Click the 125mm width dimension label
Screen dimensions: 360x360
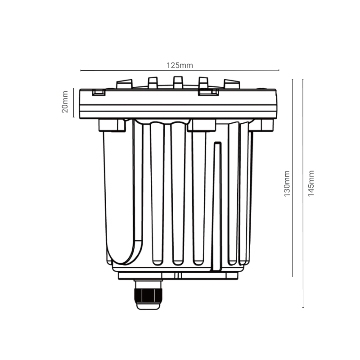coord(180,65)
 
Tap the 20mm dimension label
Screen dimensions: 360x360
coord(65,102)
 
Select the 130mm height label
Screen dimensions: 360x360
coord(287,184)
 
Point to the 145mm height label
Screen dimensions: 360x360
coord(311,184)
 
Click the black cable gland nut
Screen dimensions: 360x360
coord(148,296)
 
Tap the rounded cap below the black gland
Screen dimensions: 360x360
coord(148,306)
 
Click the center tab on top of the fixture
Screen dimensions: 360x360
coord(178,83)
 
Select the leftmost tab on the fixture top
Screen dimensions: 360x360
coord(125,84)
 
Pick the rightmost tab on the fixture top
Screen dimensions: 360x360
coord(232,84)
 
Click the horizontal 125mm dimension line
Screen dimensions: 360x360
coord(180,70)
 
